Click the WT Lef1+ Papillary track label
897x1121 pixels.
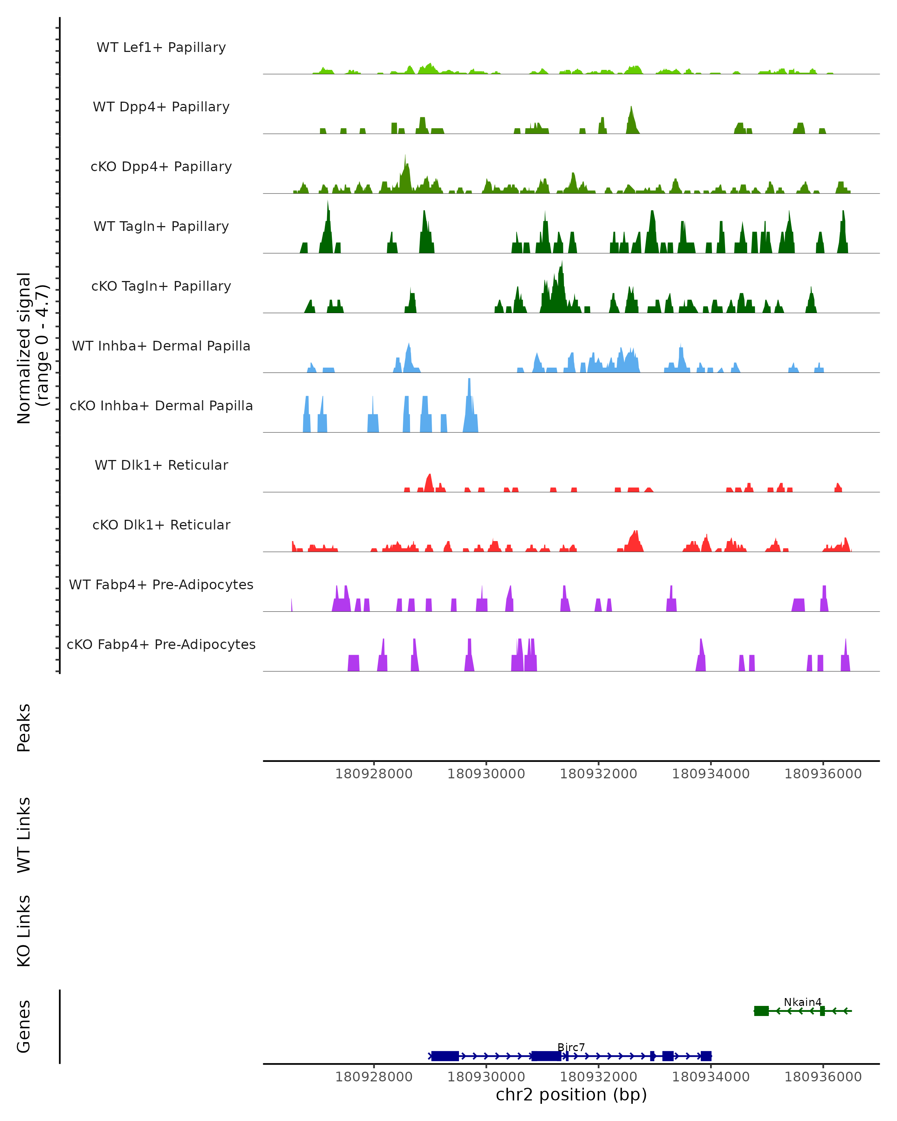click(x=161, y=47)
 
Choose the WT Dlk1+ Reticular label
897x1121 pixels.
click(x=161, y=465)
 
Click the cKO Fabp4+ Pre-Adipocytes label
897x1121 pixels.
click(x=161, y=644)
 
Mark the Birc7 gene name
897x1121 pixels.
click(x=571, y=1047)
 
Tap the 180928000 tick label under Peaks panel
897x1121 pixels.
click(x=373, y=774)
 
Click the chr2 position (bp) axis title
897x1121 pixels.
click(x=571, y=1094)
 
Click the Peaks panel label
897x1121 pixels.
click(x=24, y=728)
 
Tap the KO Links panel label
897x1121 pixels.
click(x=24, y=931)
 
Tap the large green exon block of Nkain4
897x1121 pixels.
click(x=761, y=1011)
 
